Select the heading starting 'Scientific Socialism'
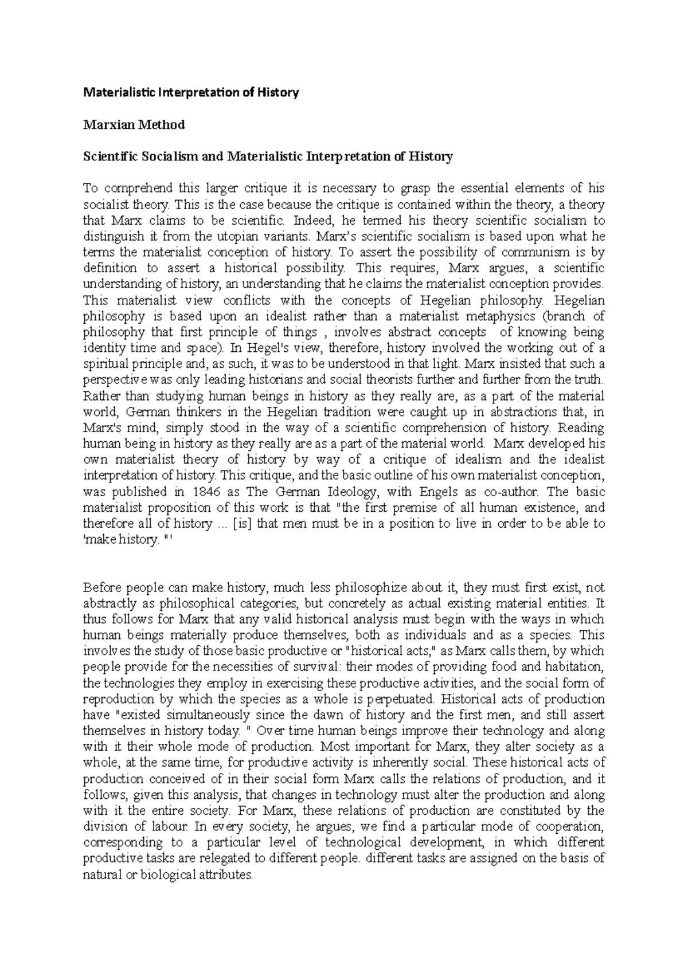(268, 156)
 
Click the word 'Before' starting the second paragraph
(102, 587)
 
